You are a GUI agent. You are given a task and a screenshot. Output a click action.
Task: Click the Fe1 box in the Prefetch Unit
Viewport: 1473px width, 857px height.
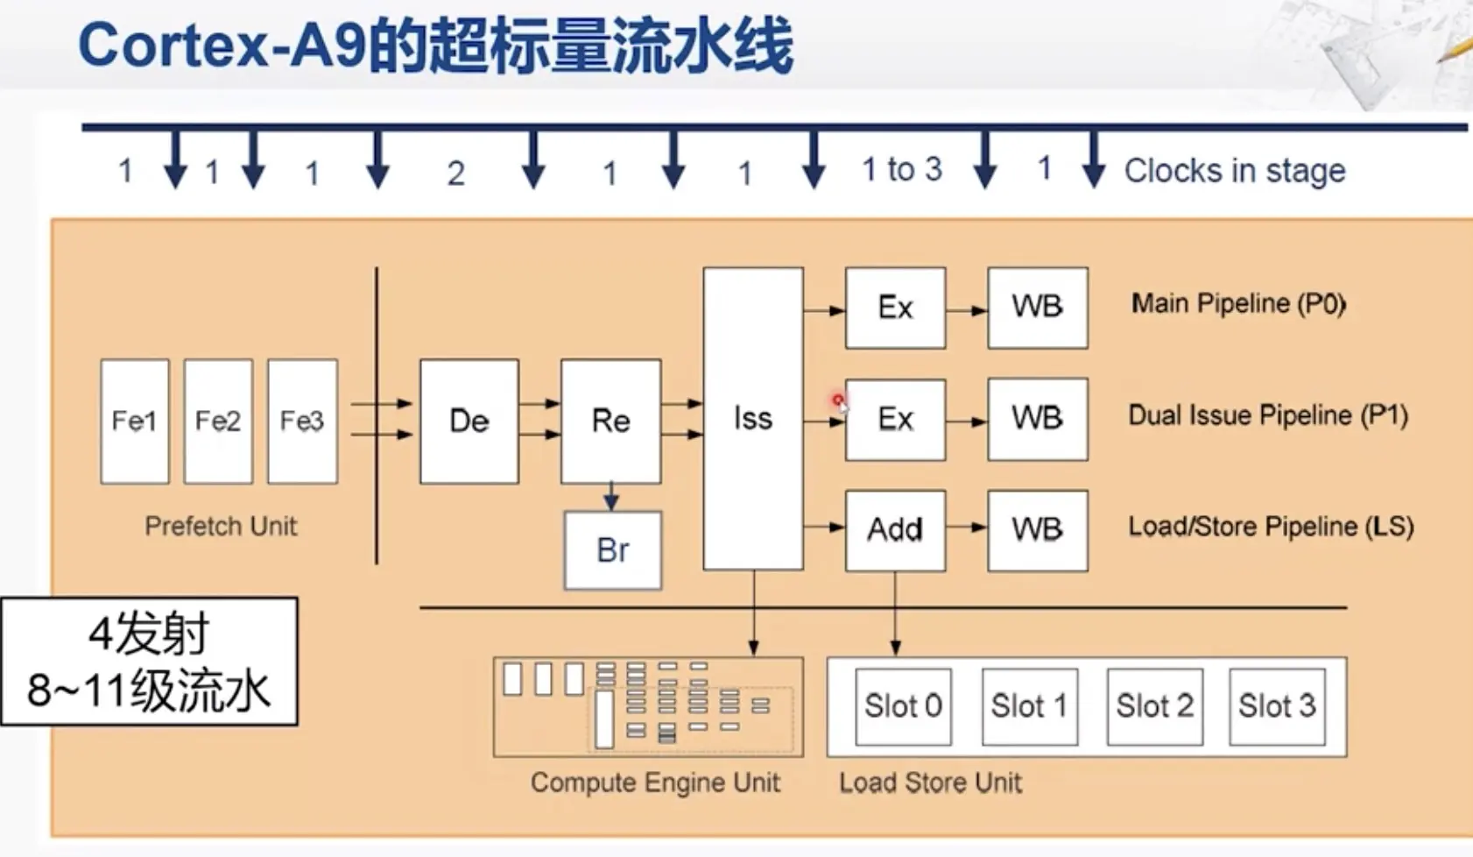click(134, 421)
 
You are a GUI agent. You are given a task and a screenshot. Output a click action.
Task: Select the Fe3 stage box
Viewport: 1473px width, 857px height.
click(302, 421)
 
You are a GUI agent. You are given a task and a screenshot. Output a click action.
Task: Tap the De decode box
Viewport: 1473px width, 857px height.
click(469, 421)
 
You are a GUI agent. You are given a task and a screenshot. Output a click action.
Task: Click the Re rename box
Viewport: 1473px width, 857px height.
click(610, 421)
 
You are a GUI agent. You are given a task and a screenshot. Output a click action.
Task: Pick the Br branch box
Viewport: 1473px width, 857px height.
click(612, 550)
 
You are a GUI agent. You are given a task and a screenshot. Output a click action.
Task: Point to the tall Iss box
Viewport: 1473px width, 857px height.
click(752, 419)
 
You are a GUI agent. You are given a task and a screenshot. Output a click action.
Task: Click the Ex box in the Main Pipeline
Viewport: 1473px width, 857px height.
click(895, 308)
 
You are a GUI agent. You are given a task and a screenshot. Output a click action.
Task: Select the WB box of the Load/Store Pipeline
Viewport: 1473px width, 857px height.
click(1037, 530)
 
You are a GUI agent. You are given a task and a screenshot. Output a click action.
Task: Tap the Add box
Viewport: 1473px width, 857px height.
click(895, 530)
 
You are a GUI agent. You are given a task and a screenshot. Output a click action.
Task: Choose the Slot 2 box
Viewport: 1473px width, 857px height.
click(1154, 706)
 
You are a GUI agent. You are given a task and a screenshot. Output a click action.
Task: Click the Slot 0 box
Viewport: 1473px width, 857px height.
click(903, 706)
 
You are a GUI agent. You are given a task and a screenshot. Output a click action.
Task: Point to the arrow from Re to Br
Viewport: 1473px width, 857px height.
click(611, 496)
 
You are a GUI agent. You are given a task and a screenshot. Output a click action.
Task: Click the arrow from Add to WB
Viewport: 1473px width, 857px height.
click(966, 528)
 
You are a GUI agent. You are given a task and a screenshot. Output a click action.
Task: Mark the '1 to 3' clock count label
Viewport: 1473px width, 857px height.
click(901, 169)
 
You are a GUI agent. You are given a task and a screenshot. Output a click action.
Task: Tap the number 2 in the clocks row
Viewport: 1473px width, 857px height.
click(455, 174)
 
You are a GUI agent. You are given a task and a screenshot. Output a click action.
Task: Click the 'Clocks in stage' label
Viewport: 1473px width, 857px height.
click(1234, 171)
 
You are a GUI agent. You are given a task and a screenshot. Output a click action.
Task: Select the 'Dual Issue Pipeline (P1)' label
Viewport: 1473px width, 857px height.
click(1267, 415)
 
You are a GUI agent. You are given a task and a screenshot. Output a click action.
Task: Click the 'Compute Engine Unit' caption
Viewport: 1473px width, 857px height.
click(655, 783)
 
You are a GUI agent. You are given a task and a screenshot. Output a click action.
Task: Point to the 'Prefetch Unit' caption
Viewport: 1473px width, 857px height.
click(221, 526)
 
